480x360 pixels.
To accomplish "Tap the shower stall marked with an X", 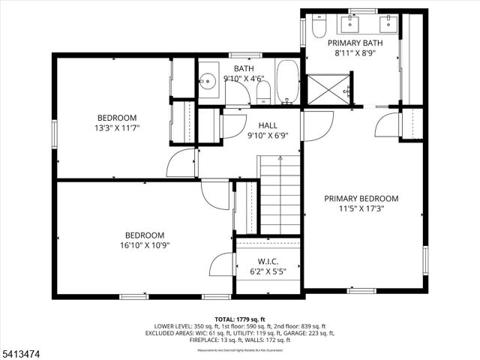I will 328,89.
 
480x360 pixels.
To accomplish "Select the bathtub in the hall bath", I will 287,82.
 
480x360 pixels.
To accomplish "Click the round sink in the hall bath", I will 208,80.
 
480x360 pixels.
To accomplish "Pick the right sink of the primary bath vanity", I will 387,25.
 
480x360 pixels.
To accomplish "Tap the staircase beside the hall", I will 279,195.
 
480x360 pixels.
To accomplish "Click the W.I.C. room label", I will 268,262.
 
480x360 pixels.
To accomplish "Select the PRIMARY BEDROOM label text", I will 361,199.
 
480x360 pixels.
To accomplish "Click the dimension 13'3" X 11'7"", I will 116,128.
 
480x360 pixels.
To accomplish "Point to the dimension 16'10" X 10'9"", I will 145,245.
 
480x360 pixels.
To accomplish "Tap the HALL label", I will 268,125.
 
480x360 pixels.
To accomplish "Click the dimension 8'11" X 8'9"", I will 358,53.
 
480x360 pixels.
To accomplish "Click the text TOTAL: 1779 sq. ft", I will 239,319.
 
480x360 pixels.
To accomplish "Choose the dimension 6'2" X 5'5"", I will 268,273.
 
